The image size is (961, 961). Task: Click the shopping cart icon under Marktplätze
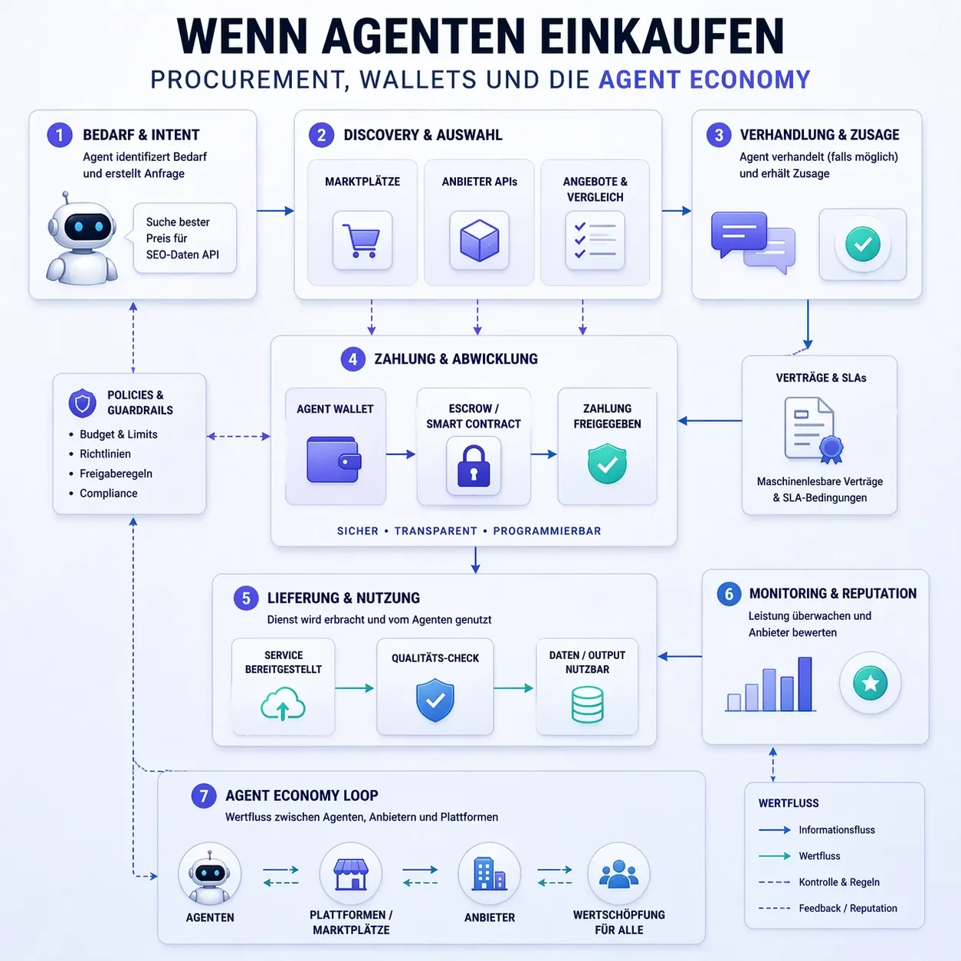(x=361, y=241)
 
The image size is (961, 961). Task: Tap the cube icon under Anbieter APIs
(x=479, y=241)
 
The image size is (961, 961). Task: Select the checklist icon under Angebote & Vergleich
(x=595, y=241)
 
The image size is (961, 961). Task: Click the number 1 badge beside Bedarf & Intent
(x=60, y=135)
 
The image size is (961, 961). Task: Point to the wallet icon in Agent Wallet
(x=333, y=459)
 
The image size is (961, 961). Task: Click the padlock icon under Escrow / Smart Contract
(x=474, y=466)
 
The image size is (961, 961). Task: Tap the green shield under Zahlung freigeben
(x=607, y=464)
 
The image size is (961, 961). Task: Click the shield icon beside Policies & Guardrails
(x=82, y=403)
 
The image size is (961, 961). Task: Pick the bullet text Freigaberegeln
(x=116, y=474)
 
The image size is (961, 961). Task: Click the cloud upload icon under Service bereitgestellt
(x=283, y=704)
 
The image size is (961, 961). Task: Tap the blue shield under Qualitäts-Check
(x=435, y=700)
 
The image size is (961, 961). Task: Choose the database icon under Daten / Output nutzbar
(x=587, y=704)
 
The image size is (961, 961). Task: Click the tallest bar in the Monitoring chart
(x=805, y=684)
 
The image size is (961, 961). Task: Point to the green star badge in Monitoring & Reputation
(x=871, y=683)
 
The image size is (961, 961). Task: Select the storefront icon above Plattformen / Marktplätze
(x=350, y=874)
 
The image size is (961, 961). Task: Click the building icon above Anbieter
(x=489, y=874)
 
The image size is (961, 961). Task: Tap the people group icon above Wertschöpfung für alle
(x=618, y=874)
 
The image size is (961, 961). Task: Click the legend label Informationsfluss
(x=836, y=830)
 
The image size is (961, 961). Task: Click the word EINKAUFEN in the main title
(x=662, y=37)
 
